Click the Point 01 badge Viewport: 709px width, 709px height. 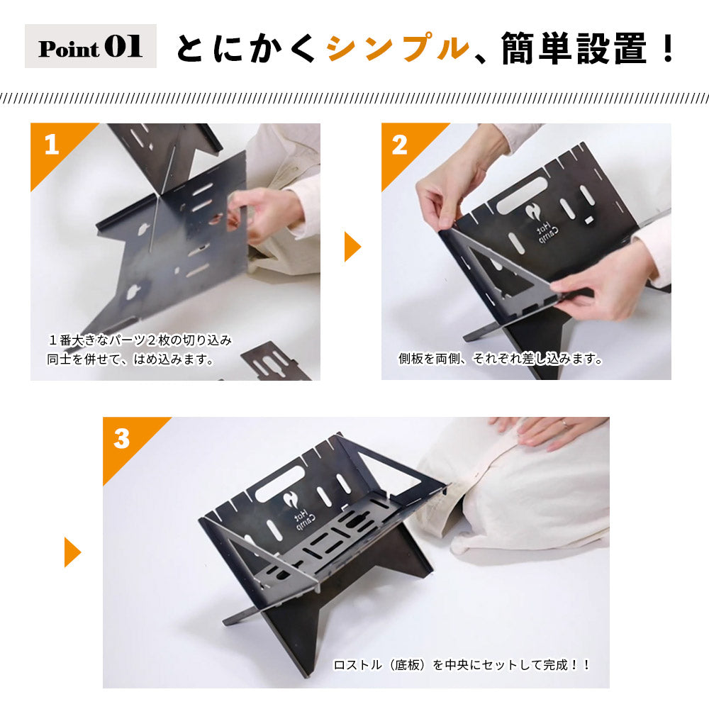click(91, 46)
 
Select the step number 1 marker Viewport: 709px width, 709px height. click(52, 145)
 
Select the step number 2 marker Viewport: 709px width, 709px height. click(399, 145)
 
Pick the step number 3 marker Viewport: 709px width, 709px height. click(122, 439)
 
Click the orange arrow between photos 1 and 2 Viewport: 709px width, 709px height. click(352, 247)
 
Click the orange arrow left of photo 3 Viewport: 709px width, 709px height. click(72, 552)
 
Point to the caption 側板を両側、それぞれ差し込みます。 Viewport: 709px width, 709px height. click(500, 359)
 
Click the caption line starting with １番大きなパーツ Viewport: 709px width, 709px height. click(140, 340)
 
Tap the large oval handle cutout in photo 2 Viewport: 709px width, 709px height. click(521, 196)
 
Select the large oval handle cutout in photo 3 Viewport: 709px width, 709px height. click(280, 484)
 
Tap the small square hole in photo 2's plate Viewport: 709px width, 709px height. click(588, 220)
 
